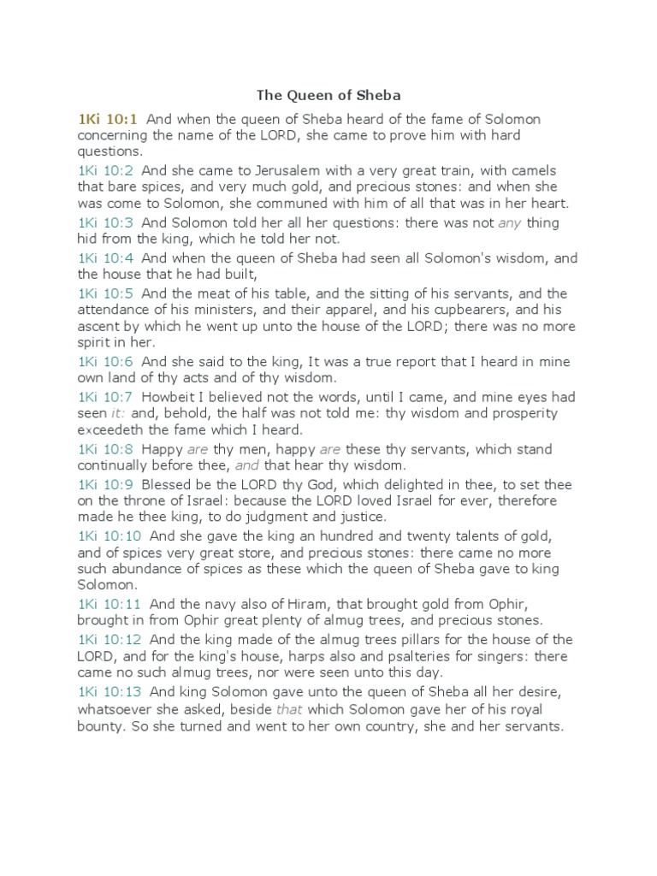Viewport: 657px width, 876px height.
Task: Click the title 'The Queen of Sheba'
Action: [x=328, y=96]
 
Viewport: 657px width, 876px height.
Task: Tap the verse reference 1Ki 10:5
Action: [x=106, y=293]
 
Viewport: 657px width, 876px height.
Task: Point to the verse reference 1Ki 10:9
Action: [x=106, y=483]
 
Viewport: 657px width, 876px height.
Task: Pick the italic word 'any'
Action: [x=509, y=223]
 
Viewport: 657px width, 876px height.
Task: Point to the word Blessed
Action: [x=169, y=483]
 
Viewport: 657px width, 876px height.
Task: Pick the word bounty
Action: [x=100, y=727]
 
